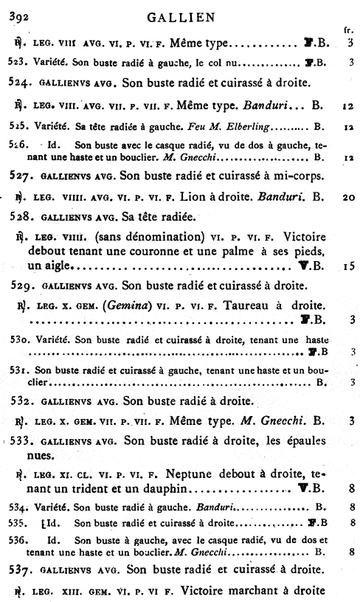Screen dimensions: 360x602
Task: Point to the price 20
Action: pos(348,198)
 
